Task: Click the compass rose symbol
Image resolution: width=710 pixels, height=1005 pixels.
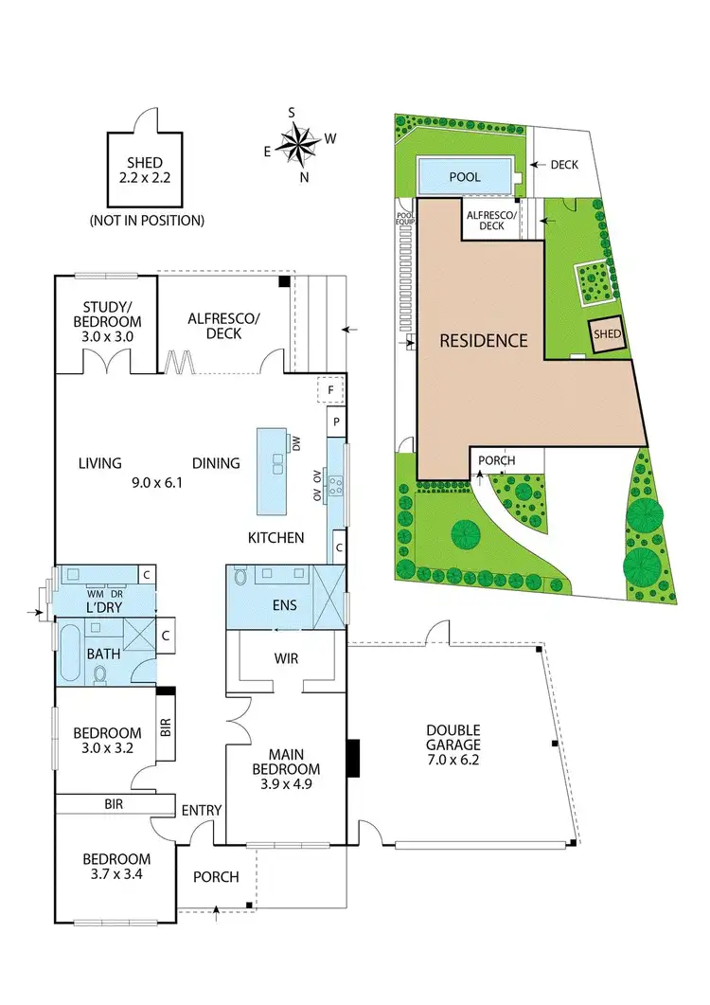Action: pyautogui.click(x=299, y=145)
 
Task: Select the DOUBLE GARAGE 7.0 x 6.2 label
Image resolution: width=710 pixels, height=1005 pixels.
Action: pyautogui.click(x=453, y=745)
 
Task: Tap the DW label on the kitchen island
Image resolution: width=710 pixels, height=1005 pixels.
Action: pyautogui.click(x=295, y=443)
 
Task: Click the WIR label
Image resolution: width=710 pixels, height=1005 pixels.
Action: pyautogui.click(x=286, y=657)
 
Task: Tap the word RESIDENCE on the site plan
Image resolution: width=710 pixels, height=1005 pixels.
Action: pyautogui.click(x=484, y=341)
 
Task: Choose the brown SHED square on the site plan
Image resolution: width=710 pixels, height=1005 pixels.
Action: pyautogui.click(x=606, y=333)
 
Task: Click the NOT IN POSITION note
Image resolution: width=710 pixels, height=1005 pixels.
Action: pyautogui.click(x=147, y=221)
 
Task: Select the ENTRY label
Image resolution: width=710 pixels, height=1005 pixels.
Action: pyautogui.click(x=201, y=810)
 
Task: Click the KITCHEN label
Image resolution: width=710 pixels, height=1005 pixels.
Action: pyautogui.click(x=276, y=537)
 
